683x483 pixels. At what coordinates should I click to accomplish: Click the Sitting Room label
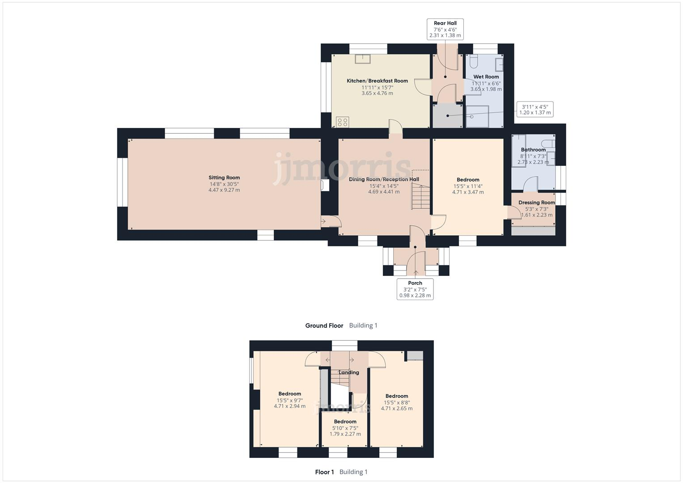point(224,178)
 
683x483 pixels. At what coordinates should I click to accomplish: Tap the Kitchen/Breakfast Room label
point(377,81)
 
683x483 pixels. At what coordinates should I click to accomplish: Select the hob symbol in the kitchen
point(343,122)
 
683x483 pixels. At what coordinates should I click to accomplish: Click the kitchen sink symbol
point(362,59)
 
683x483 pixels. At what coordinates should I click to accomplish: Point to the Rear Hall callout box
point(445,29)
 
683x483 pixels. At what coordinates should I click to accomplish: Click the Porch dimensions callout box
point(415,289)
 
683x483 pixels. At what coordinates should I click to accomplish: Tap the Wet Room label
point(486,77)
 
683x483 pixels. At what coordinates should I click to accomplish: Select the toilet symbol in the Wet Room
point(474,60)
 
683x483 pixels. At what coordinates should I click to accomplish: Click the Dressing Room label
point(536,203)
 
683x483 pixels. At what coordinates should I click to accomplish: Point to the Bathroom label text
point(533,150)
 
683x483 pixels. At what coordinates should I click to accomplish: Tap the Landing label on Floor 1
point(348,373)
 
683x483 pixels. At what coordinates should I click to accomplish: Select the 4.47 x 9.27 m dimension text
point(224,190)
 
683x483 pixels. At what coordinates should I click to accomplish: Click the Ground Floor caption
point(324,326)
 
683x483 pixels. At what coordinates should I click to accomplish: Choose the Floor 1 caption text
point(324,472)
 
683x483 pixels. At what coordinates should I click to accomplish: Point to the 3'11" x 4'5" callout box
point(535,110)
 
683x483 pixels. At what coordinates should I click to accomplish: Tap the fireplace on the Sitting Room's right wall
point(325,185)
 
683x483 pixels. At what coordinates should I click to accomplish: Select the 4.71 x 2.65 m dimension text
point(397,408)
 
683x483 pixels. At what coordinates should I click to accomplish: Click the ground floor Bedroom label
point(468,180)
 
